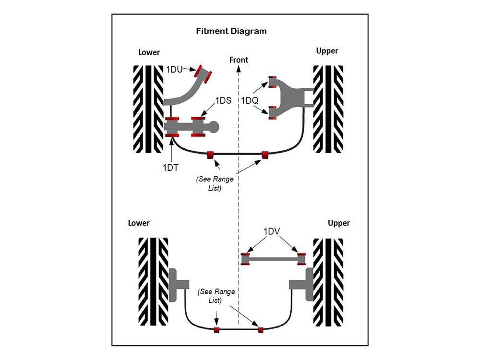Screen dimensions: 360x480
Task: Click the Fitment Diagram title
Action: (231, 31)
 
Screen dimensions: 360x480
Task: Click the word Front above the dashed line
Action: (239, 60)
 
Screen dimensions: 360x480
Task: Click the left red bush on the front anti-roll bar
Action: (210, 155)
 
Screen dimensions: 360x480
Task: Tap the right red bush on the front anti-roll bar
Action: (264, 155)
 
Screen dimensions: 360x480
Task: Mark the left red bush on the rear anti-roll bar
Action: (216, 329)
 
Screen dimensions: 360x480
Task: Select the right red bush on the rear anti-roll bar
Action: (261, 329)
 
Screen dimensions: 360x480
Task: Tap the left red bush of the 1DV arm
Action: (246, 259)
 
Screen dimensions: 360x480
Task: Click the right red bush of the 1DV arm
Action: (301, 259)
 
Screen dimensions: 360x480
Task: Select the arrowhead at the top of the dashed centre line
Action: (239, 68)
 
